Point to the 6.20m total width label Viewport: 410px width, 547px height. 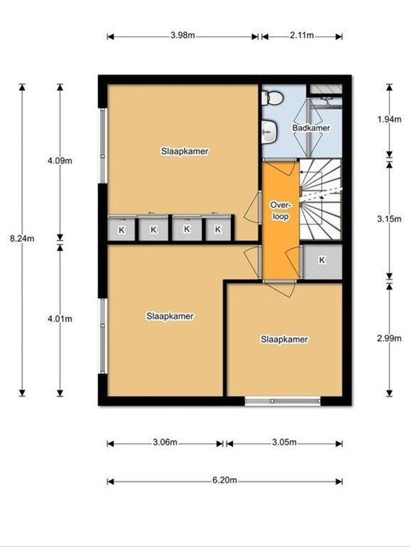coord(225,481)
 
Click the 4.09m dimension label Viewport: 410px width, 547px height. coord(59,161)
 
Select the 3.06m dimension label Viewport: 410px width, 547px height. coord(165,443)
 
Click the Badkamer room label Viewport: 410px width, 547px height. coord(311,128)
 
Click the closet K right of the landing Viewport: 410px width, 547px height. coord(321,261)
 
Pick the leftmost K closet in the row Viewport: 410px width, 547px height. coord(122,230)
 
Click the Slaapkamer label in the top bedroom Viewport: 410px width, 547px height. coord(184,150)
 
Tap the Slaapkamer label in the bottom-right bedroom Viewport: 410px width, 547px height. coord(284,339)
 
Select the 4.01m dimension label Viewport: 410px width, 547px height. coord(59,319)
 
